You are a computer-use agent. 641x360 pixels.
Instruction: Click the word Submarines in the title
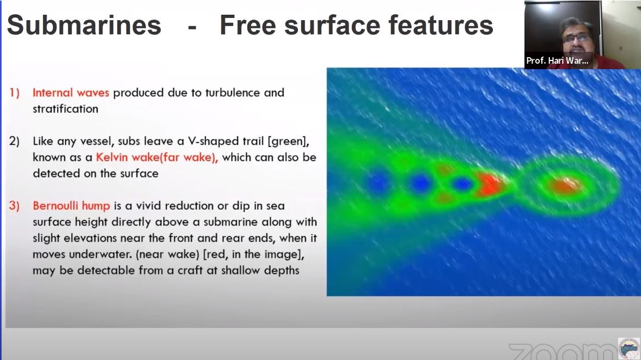[84, 25]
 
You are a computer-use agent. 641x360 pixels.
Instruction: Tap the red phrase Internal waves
[71, 93]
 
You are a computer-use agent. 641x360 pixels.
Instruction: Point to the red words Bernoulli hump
[71, 206]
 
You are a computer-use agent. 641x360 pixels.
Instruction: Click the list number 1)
[15, 93]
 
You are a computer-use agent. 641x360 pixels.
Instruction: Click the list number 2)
[15, 141]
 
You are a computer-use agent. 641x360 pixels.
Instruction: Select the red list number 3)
[15, 206]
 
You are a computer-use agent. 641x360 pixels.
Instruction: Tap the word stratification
[65, 108]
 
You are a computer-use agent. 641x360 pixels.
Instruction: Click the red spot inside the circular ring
[566, 186]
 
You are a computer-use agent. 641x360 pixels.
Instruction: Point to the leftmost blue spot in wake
[378, 184]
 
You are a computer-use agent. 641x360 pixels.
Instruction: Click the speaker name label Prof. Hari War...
[557, 60]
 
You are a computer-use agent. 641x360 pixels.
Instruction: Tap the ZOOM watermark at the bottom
[561, 351]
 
